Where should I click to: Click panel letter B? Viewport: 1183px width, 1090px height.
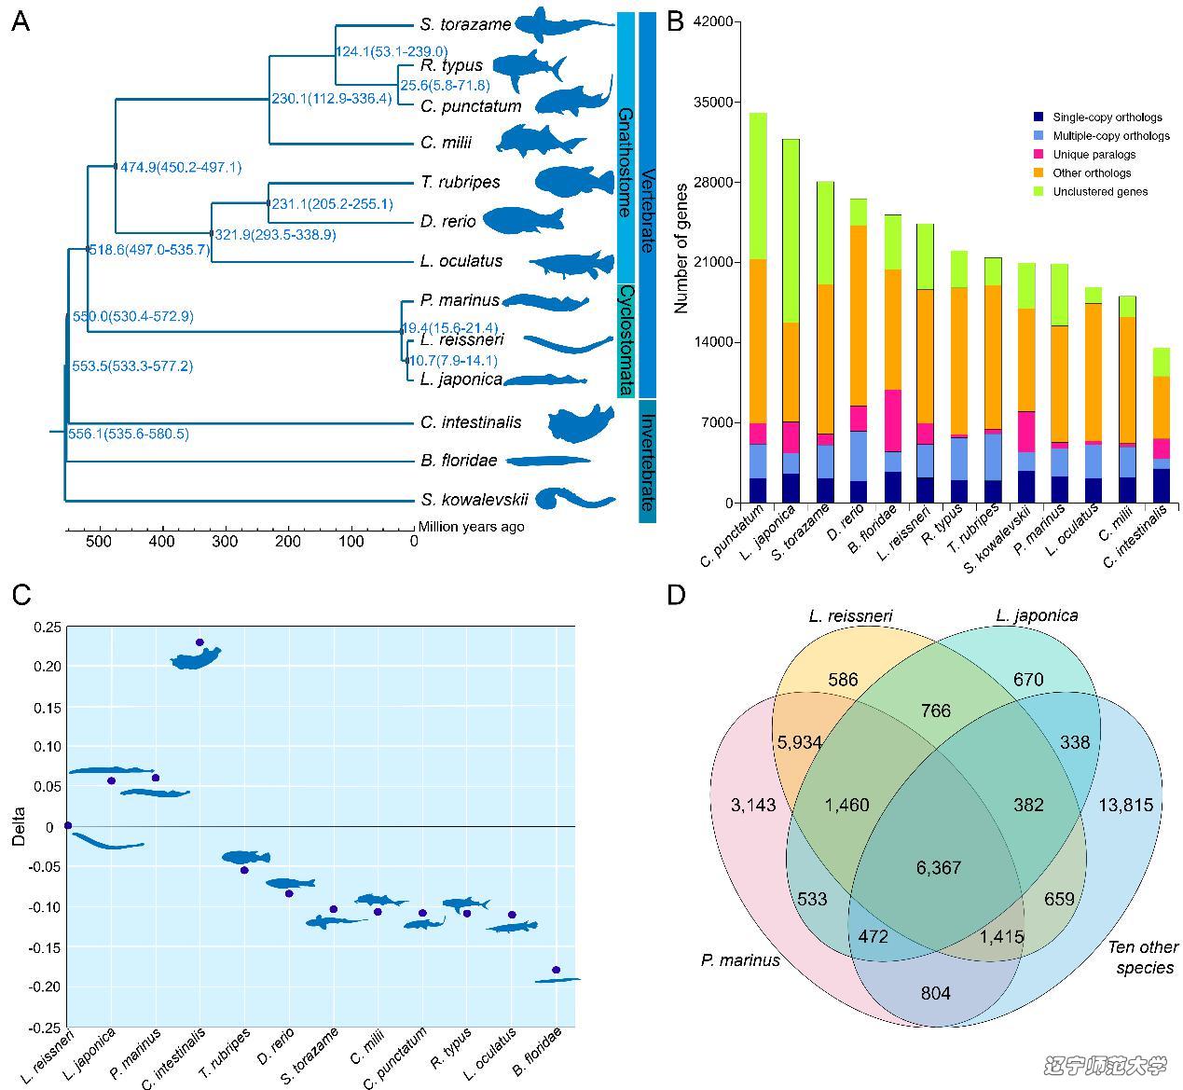[677, 21]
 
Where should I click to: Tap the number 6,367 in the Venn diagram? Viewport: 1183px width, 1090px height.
[938, 868]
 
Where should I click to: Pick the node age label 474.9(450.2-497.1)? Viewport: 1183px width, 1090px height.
[181, 167]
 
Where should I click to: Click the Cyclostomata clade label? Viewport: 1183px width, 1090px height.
[626, 340]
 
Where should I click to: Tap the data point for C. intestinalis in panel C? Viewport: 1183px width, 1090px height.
[199, 642]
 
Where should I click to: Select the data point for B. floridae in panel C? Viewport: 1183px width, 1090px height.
[557, 970]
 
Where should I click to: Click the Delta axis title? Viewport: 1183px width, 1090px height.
[20, 827]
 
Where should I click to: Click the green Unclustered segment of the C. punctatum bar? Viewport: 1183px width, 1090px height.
[758, 186]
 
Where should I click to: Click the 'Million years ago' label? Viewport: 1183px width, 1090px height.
[471, 527]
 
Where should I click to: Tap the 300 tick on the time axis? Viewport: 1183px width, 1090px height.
[225, 542]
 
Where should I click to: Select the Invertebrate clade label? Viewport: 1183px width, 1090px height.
[648, 466]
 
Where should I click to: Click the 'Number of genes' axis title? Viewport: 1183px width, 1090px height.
[681, 260]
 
